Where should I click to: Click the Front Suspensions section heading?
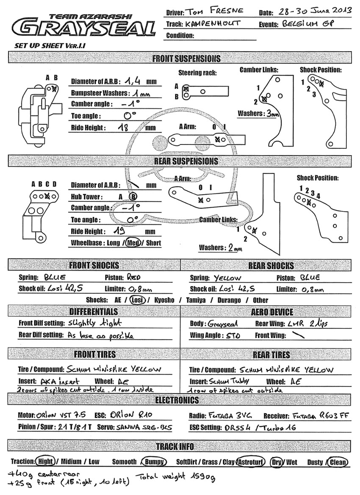tap(186, 58)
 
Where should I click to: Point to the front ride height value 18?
tap(123, 128)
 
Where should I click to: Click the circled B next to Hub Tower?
tap(133, 196)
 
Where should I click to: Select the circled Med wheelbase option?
tap(133, 243)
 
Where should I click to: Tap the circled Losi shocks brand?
tap(137, 300)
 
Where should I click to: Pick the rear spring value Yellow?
tap(227, 278)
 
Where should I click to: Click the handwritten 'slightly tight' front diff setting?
tap(94, 323)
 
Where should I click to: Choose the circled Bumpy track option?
tap(155, 462)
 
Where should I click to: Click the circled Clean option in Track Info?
tap(338, 462)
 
